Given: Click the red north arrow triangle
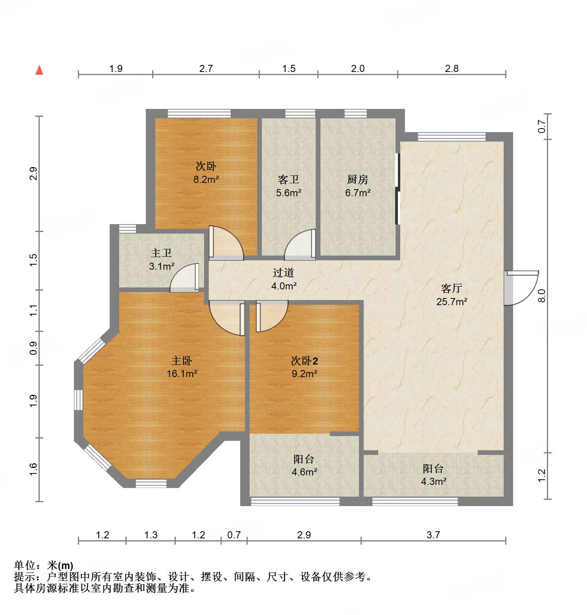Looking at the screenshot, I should click(39, 70).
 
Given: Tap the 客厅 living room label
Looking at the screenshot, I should click(451, 289).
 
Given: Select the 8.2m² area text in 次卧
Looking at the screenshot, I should click(206, 180).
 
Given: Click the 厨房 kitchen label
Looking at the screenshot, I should click(357, 180).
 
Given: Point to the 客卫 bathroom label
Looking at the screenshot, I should click(288, 180).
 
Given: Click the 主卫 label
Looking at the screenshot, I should click(161, 253).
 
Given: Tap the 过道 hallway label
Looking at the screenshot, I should click(283, 273).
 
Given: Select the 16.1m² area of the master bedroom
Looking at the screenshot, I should click(182, 374).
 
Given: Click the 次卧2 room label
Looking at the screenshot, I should click(304, 361).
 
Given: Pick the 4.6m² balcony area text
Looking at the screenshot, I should click(304, 472).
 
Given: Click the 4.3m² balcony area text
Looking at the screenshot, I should click(433, 481).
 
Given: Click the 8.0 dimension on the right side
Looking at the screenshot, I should click(542, 295).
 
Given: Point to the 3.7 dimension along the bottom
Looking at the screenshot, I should click(433, 535).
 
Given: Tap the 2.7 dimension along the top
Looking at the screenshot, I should click(206, 69).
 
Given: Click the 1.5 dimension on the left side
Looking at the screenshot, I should click(33, 260).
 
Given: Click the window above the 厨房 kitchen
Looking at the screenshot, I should click(355, 114).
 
